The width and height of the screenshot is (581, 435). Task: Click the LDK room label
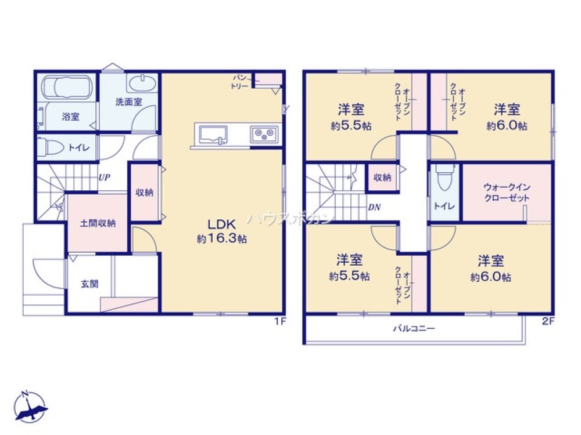pos(221,224)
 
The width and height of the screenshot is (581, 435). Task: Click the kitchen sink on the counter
pos(213,135)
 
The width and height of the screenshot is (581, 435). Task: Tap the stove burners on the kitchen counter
pos(264,134)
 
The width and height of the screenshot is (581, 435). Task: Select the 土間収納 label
pos(98,223)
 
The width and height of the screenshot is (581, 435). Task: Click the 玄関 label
pos(89,284)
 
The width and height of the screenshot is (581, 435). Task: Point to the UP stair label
pos(104,177)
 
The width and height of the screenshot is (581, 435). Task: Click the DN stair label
pos(375,208)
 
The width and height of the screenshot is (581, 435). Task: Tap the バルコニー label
pos(414,328)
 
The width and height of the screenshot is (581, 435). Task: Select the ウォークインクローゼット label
pos(507,193)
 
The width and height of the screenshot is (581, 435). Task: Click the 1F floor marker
pos(280,321)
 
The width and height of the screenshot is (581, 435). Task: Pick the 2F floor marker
pos(548,321)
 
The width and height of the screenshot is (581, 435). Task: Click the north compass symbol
pos(30,407)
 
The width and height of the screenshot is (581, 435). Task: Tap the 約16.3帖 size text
pos(222,239)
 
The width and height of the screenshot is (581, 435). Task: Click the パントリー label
pos(240,82)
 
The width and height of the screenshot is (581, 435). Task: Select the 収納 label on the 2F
pos(382,177)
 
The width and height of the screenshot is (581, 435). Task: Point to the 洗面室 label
pos(128,101)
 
